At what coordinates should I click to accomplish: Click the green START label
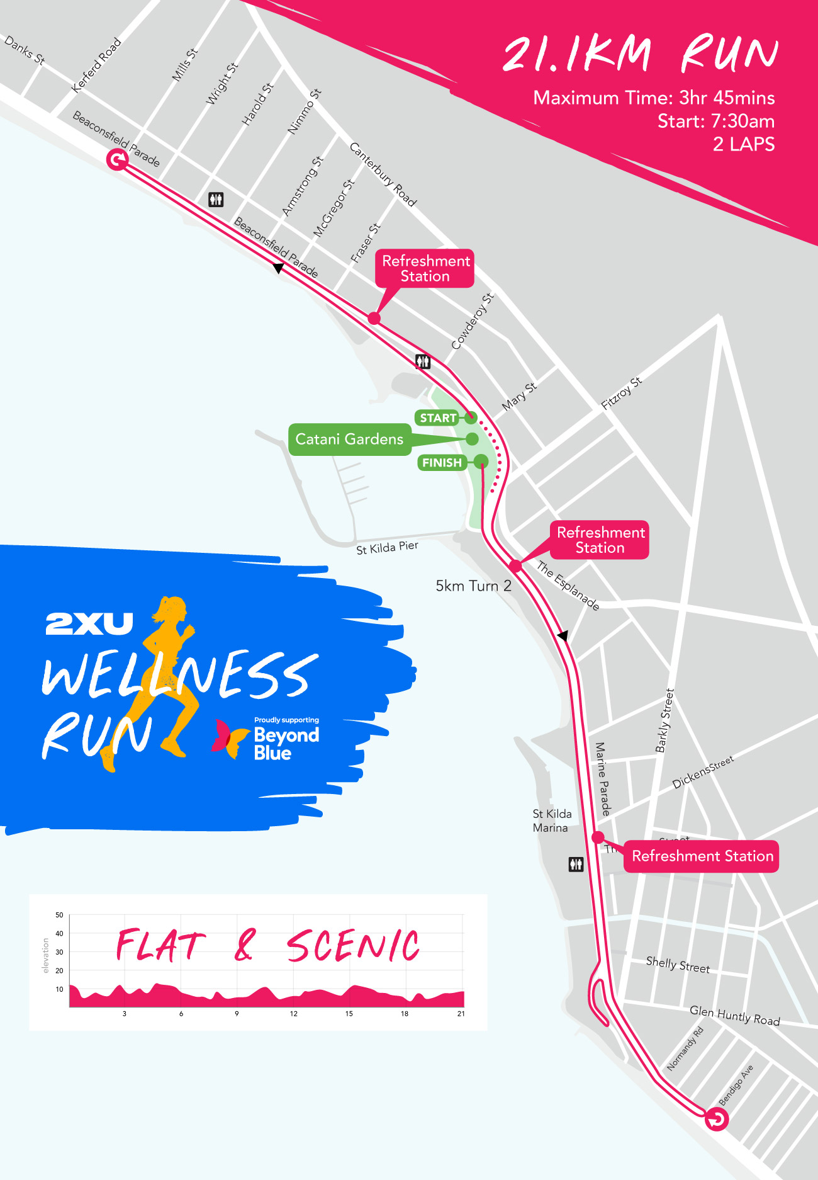tap(438, 418)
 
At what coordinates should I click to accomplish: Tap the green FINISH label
tap(442, 463)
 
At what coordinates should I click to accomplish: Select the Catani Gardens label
tap(349, 439)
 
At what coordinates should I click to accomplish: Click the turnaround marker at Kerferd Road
tap(117, 160)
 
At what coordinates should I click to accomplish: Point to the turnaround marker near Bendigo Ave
tap(716, 1119)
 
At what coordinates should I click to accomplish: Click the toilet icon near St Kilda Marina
tap(576, 864)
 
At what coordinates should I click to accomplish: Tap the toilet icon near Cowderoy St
tap(423, 361)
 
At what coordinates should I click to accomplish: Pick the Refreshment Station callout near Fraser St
tap(425, 269)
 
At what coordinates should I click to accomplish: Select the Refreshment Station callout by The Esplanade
tap(600, 540)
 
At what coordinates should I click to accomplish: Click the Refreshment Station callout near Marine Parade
tap(702, 856)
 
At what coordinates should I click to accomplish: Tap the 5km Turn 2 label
tap(473, 586)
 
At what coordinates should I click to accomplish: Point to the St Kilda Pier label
tap(387, 548)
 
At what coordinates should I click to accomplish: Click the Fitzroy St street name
tap(622, 393)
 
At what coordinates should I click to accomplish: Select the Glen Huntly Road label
tap(734, 1015)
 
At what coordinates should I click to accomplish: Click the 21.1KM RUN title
tap(640, 55)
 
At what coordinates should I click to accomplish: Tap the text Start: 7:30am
tap(715, 121)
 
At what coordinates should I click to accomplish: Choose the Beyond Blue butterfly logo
tap(229, 738)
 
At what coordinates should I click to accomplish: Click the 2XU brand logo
tap(89, 623)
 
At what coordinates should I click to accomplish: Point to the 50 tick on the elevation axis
tap(59, 915)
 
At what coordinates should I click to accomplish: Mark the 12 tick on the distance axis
tap(293, 1014)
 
